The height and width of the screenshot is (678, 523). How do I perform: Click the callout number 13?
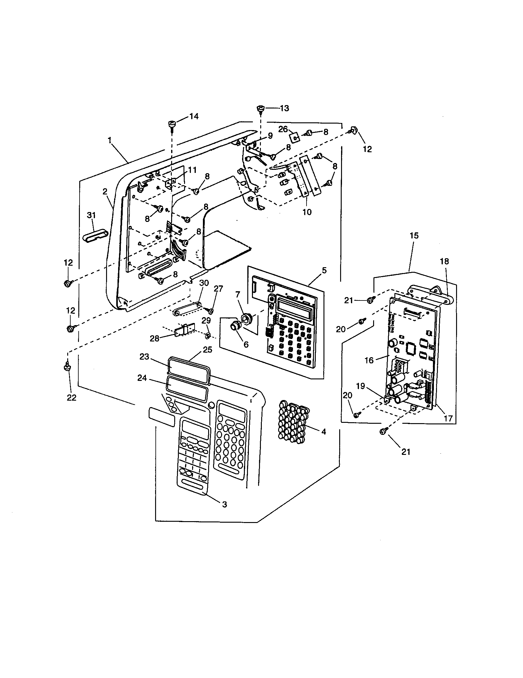tap(284, 108)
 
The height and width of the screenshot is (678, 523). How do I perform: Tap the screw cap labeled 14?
tap(171, 124)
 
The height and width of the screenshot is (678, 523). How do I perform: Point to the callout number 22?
tap(72, 398)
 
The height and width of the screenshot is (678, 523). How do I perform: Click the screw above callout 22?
tap(67, 367)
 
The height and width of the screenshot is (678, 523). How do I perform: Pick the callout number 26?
tap(283, 129)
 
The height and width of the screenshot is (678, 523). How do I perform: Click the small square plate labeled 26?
tap(295, 137)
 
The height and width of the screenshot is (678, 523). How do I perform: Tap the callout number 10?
tap(307, 212)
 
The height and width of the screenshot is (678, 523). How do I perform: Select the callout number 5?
tap(324, 270)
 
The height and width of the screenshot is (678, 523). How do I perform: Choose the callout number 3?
tap(224, 504)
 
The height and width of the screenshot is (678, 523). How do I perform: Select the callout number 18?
tap(444, 261)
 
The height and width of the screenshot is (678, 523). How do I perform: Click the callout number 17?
tap(448, 418)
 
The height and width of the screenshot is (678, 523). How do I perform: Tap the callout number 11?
tap(192, 170)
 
